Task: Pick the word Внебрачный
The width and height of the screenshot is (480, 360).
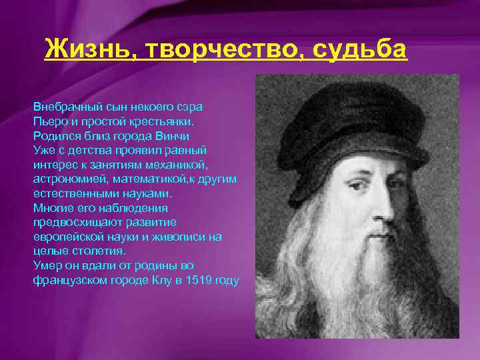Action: tap(65, 107)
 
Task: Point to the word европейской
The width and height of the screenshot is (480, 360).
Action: tap(67, 237)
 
